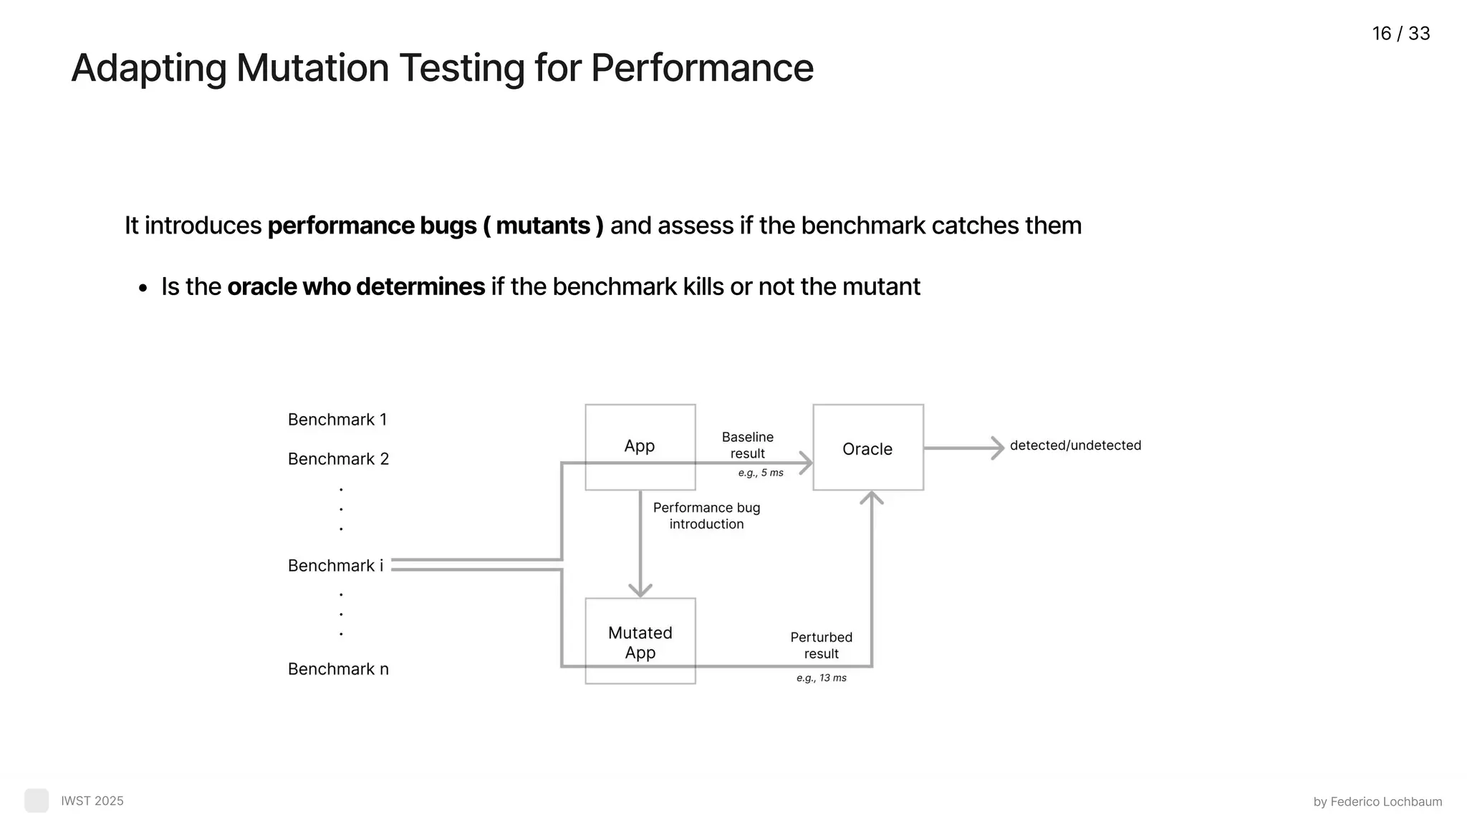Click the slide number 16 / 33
(1400, 34)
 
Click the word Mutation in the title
(312, 69)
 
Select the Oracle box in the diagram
(867, 448)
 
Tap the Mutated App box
(640, 641)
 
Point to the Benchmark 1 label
(337, 420)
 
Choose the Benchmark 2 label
(338, 459)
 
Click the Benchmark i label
(335, 566)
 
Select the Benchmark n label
(338, 669)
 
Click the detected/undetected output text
(1075, 445)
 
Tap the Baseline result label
(747, 445)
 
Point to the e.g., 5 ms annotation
(761, 473)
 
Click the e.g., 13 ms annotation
(821, 677)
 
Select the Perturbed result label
(821, 645)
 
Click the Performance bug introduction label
(706, 516)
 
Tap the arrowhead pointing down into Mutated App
(640, 590)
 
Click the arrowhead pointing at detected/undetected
(997, 448)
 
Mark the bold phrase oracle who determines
(356, 286)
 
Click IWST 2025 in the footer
(92, 801)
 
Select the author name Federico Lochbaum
(1385, 801)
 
